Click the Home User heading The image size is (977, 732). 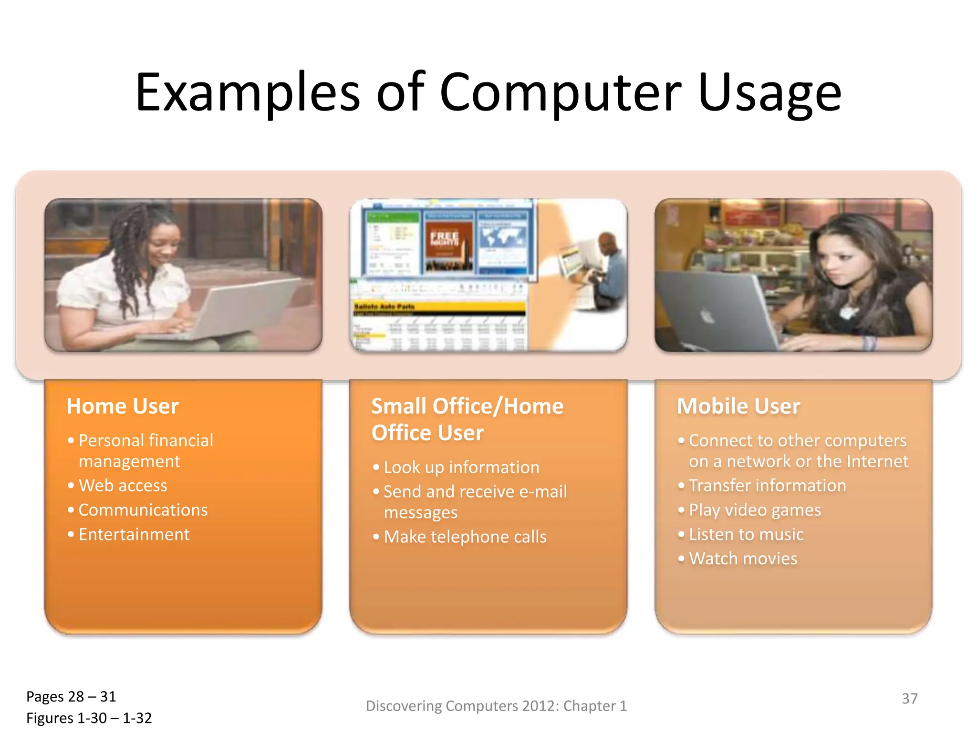123,407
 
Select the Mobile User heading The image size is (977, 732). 738,407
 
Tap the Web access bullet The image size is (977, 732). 123,486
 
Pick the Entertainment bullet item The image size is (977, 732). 134,535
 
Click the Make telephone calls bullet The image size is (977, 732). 465,537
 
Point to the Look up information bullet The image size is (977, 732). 461,468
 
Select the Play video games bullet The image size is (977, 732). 755,510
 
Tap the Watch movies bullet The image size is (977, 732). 743,559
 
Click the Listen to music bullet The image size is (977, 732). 746,535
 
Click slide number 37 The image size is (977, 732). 909,699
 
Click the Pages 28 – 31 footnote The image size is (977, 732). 71,697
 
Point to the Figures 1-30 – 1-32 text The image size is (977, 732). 89,718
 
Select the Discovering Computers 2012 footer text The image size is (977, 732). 496,706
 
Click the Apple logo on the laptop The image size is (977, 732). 707,315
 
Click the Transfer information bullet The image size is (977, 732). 767,486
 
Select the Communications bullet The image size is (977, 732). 143,510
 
